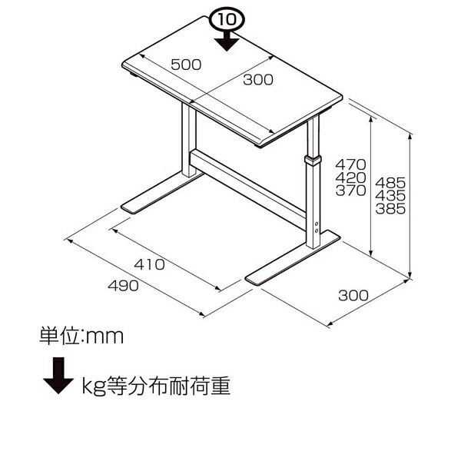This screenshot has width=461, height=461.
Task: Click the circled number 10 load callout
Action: click(x=227, y=19)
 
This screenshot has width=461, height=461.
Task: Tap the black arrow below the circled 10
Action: click(x=227, y=41)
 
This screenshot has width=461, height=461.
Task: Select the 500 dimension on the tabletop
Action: click(x=186, y=65)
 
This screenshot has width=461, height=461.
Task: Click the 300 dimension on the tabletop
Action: click(x=258, y=80)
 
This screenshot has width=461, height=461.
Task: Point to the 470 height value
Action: click(x=351, y=164)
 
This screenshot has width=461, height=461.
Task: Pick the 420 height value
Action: click(x=351, y=177)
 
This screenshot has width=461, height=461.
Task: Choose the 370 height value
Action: click(x=351, y=191)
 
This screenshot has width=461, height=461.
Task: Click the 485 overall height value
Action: click(x=390, y=183)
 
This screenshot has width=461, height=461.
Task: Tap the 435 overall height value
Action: click(x=390, y=196)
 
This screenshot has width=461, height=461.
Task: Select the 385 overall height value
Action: click(x=390, y=209)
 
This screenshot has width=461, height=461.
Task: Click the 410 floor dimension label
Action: click(x=149, y=264)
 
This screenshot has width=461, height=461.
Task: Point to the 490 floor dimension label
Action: click(x=123, y=286)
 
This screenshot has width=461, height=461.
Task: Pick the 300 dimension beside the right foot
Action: click(x=353, y=296)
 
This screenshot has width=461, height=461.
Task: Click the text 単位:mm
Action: click(x=81, y=336)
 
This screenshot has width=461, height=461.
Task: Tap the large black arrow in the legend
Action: click(x=58, y=376)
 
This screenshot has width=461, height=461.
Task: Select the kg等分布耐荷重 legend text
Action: click(x=156, y=386)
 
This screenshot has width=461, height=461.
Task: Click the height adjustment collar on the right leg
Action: click(x=313, y=161)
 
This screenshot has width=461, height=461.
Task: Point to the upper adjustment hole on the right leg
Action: click(x=317, y=224)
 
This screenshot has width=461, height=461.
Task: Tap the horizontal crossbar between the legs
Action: click(x=248, y=189)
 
